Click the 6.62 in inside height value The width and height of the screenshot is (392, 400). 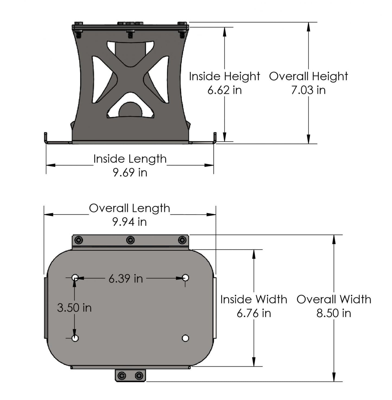(x=224, y=90)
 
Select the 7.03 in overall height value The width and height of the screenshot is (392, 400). (x=308, y=90)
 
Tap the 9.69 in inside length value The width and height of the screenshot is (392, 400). (x=130, y=173)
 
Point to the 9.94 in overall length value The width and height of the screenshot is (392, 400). (x=130, y=222)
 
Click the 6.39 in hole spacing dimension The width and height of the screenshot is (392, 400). (x=126, y=278)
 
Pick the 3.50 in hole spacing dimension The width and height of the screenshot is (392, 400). (x=74, y=308)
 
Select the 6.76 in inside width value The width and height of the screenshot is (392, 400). (x=254, y=313)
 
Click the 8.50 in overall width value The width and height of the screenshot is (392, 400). (x=334, y=313)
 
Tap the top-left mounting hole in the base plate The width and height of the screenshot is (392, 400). (x=75, y=278)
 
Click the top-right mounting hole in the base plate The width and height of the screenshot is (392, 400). (x=186, y=278)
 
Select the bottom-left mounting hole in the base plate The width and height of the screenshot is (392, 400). (x=75, y=338)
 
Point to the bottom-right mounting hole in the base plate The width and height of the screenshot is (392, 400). (x=186, y=338)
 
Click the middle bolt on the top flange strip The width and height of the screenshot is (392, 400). (x=130, y=240)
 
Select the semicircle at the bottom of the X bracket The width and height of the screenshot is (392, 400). (x=130, y=109)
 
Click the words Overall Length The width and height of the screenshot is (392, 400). (x=130, y=208)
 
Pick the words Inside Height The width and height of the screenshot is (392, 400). (x=224, y=77)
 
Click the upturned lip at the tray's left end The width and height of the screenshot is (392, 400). (x=46, y=137)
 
